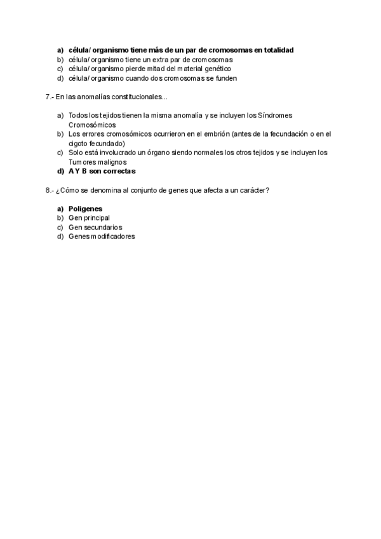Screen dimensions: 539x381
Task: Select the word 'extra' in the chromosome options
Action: click(x=161, y=59)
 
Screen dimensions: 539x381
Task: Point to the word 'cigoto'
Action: click(x=77, y=144)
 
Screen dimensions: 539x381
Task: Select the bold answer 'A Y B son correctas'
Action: click(x=102, y=172)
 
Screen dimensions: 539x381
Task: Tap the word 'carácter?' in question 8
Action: click(x=255, y=190)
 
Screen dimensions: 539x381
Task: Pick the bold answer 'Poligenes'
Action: click(x=85, y=208)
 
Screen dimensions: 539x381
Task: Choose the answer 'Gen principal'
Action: click(x=89, y=218)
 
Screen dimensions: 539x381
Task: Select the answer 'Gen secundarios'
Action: click(x=95, y=227)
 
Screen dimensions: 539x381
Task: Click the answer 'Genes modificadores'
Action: click(x=102, y=236)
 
